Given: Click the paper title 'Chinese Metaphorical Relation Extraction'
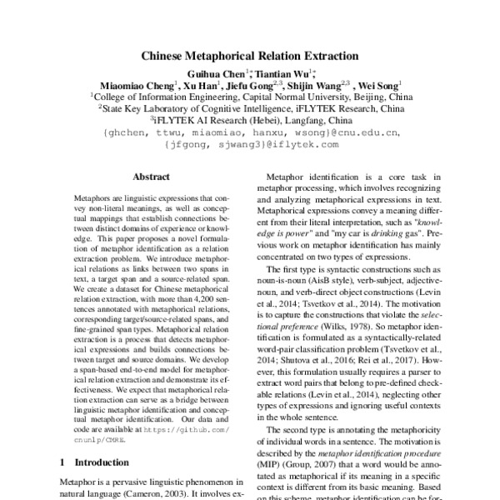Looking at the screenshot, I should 249,57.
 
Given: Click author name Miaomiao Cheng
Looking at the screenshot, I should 133,84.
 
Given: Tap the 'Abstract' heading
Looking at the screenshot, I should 151,177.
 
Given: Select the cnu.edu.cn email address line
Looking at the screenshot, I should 249,132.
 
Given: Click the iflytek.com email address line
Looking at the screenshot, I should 249,143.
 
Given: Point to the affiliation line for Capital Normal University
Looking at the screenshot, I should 249,96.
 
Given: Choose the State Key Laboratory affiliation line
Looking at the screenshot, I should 249,107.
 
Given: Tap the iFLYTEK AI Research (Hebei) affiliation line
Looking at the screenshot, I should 249,119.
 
